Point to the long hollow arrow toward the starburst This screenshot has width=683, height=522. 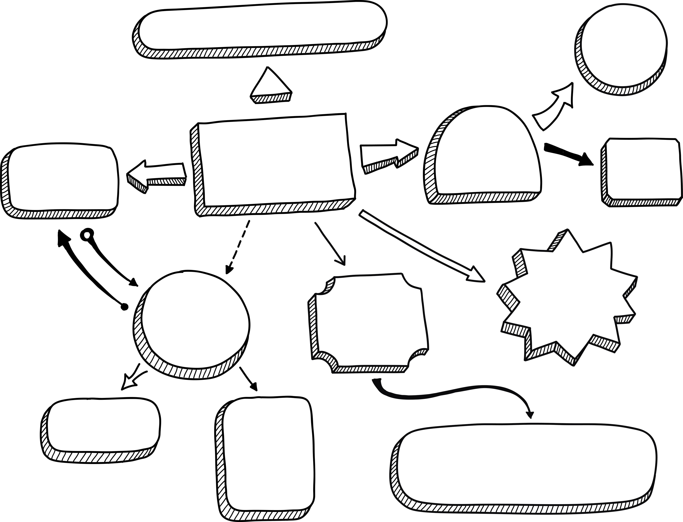coord(422,246)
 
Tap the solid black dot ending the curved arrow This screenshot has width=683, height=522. coord(124,307)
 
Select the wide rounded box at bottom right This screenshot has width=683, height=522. coord(528,466)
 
